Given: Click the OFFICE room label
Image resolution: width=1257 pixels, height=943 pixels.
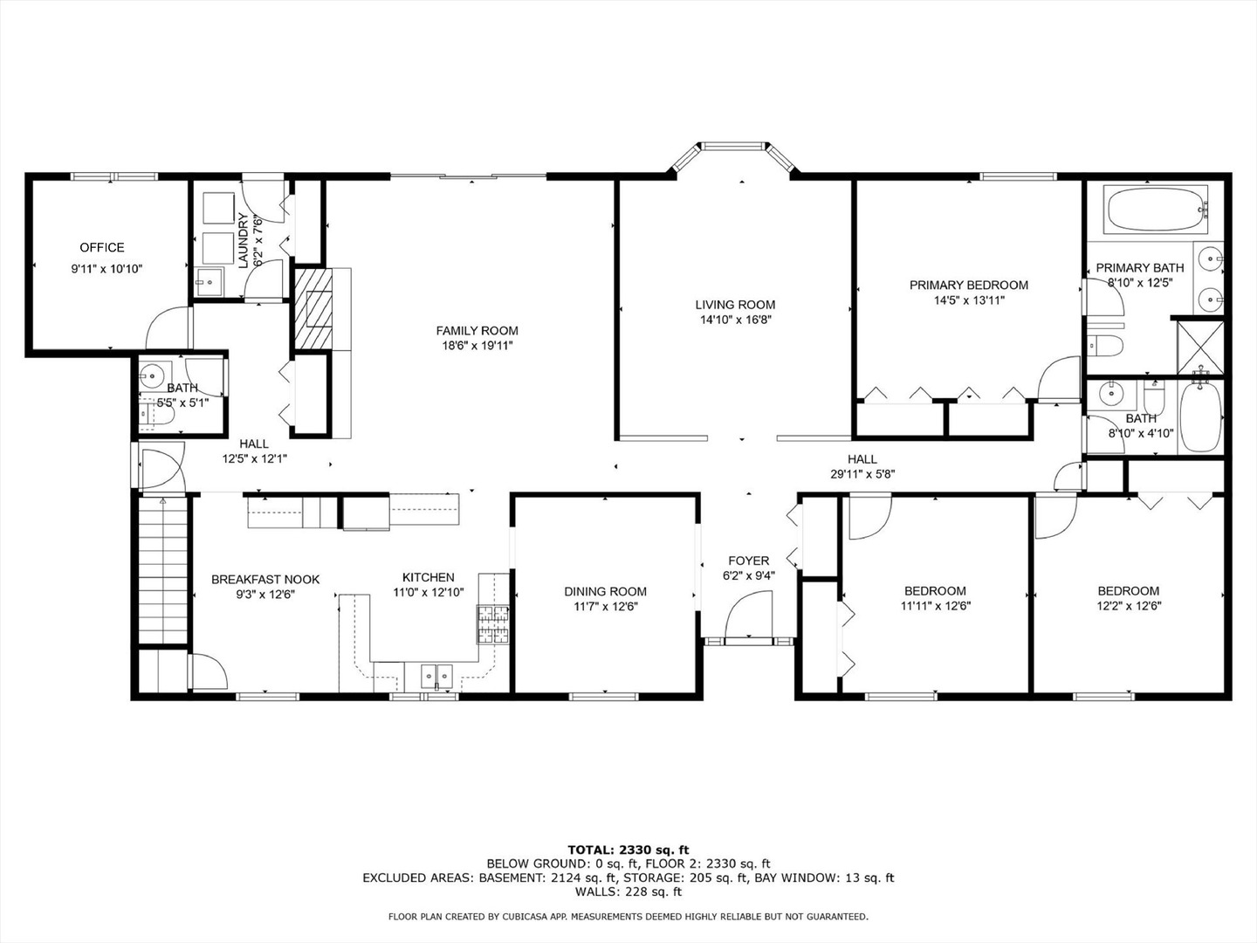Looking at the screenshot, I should [102, 247].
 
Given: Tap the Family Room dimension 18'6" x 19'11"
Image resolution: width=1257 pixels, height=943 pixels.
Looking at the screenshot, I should [477, 346].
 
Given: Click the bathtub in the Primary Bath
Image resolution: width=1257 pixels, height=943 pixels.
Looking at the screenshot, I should [1153, 210].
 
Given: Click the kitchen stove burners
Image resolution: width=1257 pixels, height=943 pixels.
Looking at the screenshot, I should [493, 623].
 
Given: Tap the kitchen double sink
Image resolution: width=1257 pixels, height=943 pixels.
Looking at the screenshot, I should [436, 674].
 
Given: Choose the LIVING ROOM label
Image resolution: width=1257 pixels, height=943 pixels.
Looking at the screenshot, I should [735, 305].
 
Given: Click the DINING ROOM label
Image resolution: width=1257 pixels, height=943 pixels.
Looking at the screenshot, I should [605, 591].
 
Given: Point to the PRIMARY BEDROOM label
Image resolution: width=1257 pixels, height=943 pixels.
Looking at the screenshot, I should [968, 285].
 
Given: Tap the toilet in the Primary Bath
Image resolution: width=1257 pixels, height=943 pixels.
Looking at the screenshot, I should [1103, 345].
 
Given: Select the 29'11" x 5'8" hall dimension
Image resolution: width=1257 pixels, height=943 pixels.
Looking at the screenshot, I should [862, 474].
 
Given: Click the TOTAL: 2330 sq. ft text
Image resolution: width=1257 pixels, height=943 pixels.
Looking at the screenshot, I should [628, 850].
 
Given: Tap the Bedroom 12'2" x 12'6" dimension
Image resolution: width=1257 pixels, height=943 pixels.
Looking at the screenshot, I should [1129, 606].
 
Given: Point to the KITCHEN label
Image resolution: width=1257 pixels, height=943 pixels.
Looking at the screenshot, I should [428, 577].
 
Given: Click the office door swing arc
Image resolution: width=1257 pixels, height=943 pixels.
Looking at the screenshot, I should [168, 327].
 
